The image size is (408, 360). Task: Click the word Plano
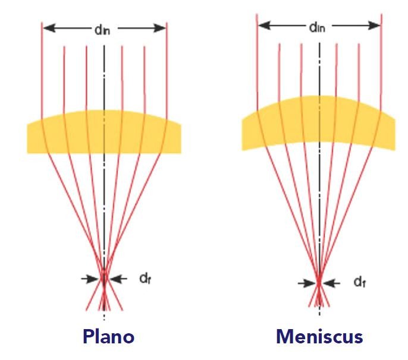(104, 336)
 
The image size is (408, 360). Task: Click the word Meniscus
(319, 336)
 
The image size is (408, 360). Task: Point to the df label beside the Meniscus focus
(359, 283)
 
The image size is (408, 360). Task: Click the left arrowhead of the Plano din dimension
(48, 27)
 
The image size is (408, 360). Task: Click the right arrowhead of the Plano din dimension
(161, 27)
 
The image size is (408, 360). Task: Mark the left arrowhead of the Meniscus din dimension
(262, 26)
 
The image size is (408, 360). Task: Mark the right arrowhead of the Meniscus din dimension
(375, 26)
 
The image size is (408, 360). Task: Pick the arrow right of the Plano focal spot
(117, 277)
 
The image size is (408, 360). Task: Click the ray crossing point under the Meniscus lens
(319, 283)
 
